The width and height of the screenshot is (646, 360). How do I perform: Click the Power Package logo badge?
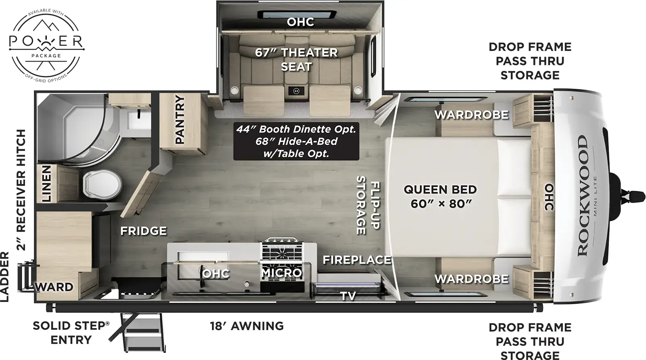click(46, 44)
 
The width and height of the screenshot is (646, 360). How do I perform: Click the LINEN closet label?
click(46, 184)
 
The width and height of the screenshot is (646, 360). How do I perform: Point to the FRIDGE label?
click(143, 231)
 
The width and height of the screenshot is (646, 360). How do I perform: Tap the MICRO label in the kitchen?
click(281, 273)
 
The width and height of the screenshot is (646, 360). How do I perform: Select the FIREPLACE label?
click(357, 260)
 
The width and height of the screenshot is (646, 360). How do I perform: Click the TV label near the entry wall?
click(348, 296)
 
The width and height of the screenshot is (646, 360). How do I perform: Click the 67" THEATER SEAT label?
click(296, 59)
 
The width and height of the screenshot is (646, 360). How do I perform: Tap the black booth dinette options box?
click(296, 141)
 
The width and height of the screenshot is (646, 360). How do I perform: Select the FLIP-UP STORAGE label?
click(368, 205)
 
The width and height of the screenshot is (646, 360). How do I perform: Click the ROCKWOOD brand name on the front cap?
click(582, 195)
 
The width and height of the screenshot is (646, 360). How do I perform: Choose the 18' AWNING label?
click(247, 326)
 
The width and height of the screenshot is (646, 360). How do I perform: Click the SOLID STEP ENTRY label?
click(71, 333)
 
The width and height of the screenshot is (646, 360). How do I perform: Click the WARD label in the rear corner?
click(55, 287)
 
